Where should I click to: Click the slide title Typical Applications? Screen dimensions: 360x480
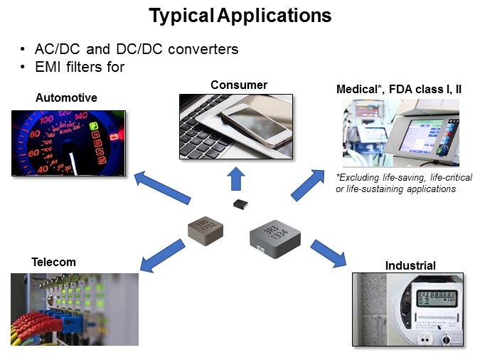[x=240, y=16]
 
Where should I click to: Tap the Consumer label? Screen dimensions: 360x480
[x=239, y=85]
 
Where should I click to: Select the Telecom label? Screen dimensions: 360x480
[x=53, y=262]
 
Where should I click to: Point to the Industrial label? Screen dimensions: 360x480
[x=410, y=266]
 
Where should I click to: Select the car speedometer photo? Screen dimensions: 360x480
[x=68, y=143]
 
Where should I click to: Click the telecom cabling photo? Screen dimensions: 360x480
[x=75, y=309]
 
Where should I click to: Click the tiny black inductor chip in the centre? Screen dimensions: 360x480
[x=240, y=205]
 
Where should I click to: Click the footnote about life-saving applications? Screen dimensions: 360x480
[x=403, y=183]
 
